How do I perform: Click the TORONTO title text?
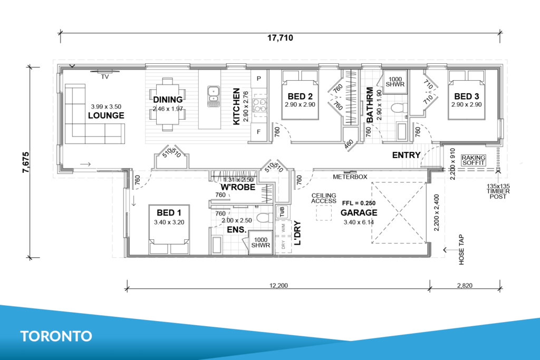point(56,336)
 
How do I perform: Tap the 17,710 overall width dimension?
point(279,38)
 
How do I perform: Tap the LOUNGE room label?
point(106,115)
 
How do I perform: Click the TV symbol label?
point(105,76)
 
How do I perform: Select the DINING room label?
point(168,99)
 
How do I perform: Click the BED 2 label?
point(301,96)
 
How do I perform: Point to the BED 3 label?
point(467,96)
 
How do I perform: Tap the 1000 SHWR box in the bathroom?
point(394,82)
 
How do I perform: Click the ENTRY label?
point(406,155)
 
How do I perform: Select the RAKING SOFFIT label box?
point(473,160)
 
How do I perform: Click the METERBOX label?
point(350,177)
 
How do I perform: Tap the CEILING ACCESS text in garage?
point(324,198)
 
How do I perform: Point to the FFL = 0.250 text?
point(358,202)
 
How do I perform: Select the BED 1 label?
point(170,212)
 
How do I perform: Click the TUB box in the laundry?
point(282,212)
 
